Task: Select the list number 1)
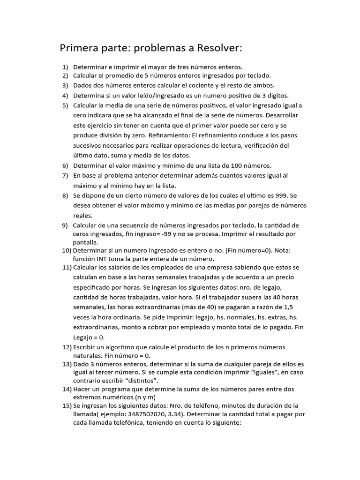point(65,67)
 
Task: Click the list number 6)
point(65,165)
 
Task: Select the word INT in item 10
point(103,259)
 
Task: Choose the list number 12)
point(67,347)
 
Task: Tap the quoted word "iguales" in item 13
point(253,372)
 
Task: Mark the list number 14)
point(67,389)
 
